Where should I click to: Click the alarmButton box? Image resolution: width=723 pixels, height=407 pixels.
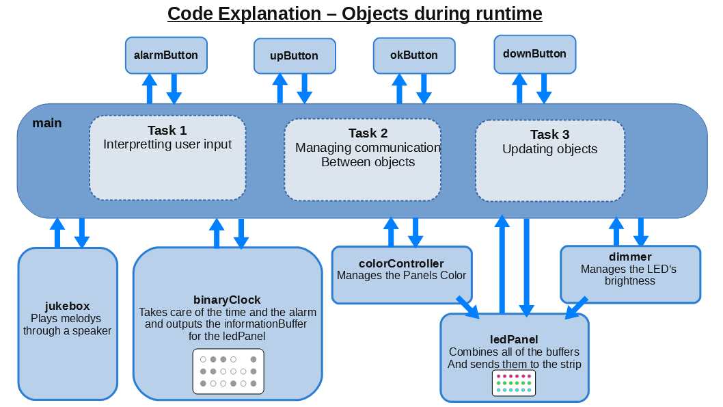click(166, 55)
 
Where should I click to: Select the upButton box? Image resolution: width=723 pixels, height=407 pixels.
click(295, 55)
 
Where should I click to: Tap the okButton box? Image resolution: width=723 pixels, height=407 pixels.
click(413, 55)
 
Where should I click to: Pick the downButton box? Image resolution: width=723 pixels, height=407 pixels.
click(534, 54)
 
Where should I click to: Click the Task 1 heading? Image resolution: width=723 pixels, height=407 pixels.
click(167, 131)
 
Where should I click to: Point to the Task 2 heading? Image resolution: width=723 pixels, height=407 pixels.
click(368, 133)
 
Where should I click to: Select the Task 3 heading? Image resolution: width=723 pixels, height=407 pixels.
click(549, 135)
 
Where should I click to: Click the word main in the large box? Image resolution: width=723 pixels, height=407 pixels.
click(47, 123)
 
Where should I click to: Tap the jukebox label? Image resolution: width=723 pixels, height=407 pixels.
click(67, 306)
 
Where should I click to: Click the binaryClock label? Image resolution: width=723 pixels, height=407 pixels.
click(227, 300)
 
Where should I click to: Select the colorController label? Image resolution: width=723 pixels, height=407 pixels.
click(401, 263)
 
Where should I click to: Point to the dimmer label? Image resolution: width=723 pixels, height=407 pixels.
click(629, 257)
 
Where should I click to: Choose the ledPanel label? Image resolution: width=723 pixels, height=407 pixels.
click(514, 339)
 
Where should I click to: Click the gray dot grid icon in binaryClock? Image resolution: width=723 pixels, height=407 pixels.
click(228, 371)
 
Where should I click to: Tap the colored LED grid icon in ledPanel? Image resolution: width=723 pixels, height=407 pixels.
click(513, 383)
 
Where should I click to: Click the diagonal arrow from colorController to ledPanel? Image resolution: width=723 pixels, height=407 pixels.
click(468, 306)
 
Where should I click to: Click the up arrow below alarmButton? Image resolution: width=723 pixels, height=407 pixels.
click(150, 88)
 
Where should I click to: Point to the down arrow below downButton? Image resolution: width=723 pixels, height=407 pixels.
click(544, 88)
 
